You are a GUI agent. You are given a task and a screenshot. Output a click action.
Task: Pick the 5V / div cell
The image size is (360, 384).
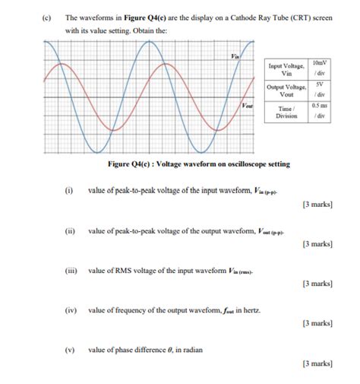[321, 90]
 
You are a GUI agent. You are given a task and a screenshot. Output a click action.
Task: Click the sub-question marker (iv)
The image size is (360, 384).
[70, 310]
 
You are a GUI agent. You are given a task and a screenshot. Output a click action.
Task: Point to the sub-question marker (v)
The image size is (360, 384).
[69, 350]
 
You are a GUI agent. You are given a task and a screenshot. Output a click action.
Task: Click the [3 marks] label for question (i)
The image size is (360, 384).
[317, 204]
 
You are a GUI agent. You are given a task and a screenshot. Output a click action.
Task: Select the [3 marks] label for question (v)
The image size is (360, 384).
[317, 364]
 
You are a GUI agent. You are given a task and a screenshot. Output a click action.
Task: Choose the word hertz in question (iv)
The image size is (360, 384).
[251, 310]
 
